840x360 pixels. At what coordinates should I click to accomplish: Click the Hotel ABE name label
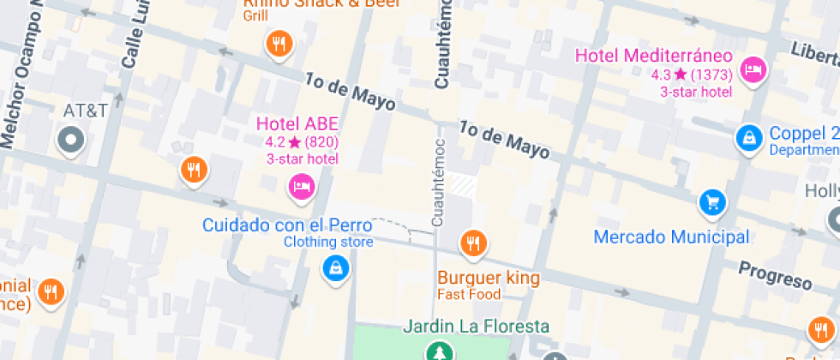pyautogui.click(x=297, y=124)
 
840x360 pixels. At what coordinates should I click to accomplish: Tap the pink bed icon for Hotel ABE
pyautogui.click(x=301, y=186)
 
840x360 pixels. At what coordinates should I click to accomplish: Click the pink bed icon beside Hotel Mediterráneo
pyautogui.click(x=753, y=70)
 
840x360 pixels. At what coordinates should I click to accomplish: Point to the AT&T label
pyautogui.click(x=86, y=111)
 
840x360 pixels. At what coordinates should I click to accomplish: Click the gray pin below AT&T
pyautogui.click(x=70, y=140)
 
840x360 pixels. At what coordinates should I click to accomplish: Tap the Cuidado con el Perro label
pyautogui.click(x=287, y=226)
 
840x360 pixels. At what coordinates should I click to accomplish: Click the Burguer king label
pyautogui.click(x=489, y=278)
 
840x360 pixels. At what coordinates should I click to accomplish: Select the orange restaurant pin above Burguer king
pyautogui.click(x=473, y=243)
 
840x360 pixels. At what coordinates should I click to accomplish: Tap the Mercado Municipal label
pyautogui.click(x=671, y=237)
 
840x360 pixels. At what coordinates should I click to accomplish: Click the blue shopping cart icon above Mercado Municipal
pyautogui.click(x=712, y=202)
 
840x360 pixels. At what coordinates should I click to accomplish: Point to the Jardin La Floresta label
pyautogui.click(x=476, y=327)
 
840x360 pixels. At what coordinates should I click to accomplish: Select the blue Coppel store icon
pyautogui.click(x=749, y=136)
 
